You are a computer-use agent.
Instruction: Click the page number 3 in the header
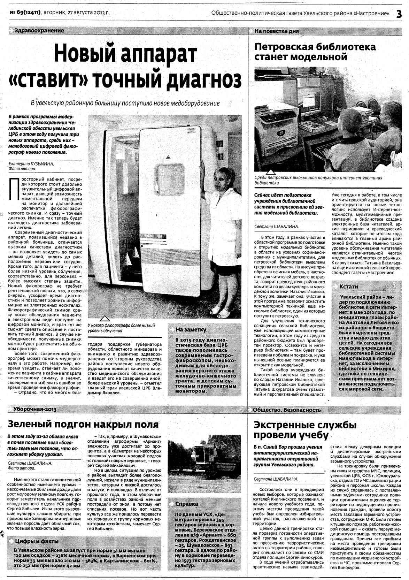coord(399,14)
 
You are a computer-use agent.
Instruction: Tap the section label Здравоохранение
coord(39,31)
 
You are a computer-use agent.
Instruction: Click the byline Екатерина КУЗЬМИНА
coord(31,163)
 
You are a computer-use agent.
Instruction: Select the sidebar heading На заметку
coord(191,329)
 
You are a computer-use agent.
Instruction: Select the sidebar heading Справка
coord(186,504)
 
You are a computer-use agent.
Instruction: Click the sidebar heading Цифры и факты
coord(37,541)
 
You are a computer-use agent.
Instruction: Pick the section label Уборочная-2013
coord(35,409)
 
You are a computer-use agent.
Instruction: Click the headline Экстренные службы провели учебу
coord(305,430)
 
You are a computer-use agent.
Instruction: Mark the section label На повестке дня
coord(277,31)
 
